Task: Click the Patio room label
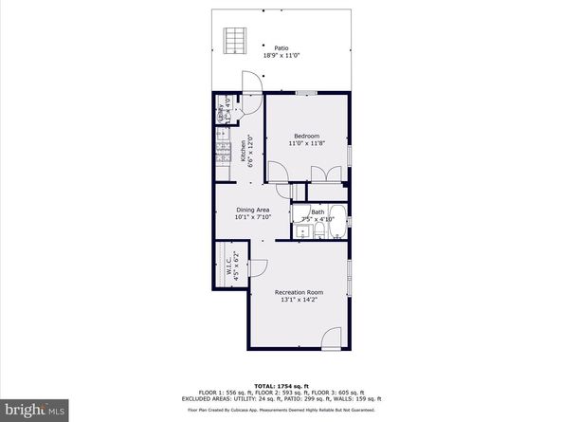pyautogui.click(x=281, y=47)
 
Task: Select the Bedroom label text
pyautogui.click(x=306, y=135)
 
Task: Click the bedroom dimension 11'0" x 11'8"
pyautogui.click(x=306, y=143)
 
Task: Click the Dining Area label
pyautogui.click(x=253, y=210)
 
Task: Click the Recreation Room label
pyautogui.click(x=300, y=292)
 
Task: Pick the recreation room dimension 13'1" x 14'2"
pyautogui.click(x=300, y=301)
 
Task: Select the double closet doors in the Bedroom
pyautogui.click(x=327, y=173)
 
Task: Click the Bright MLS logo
pyautogui.click(x=34, y=411)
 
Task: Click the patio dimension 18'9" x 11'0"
pyautogui.click(x=281, y=56)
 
